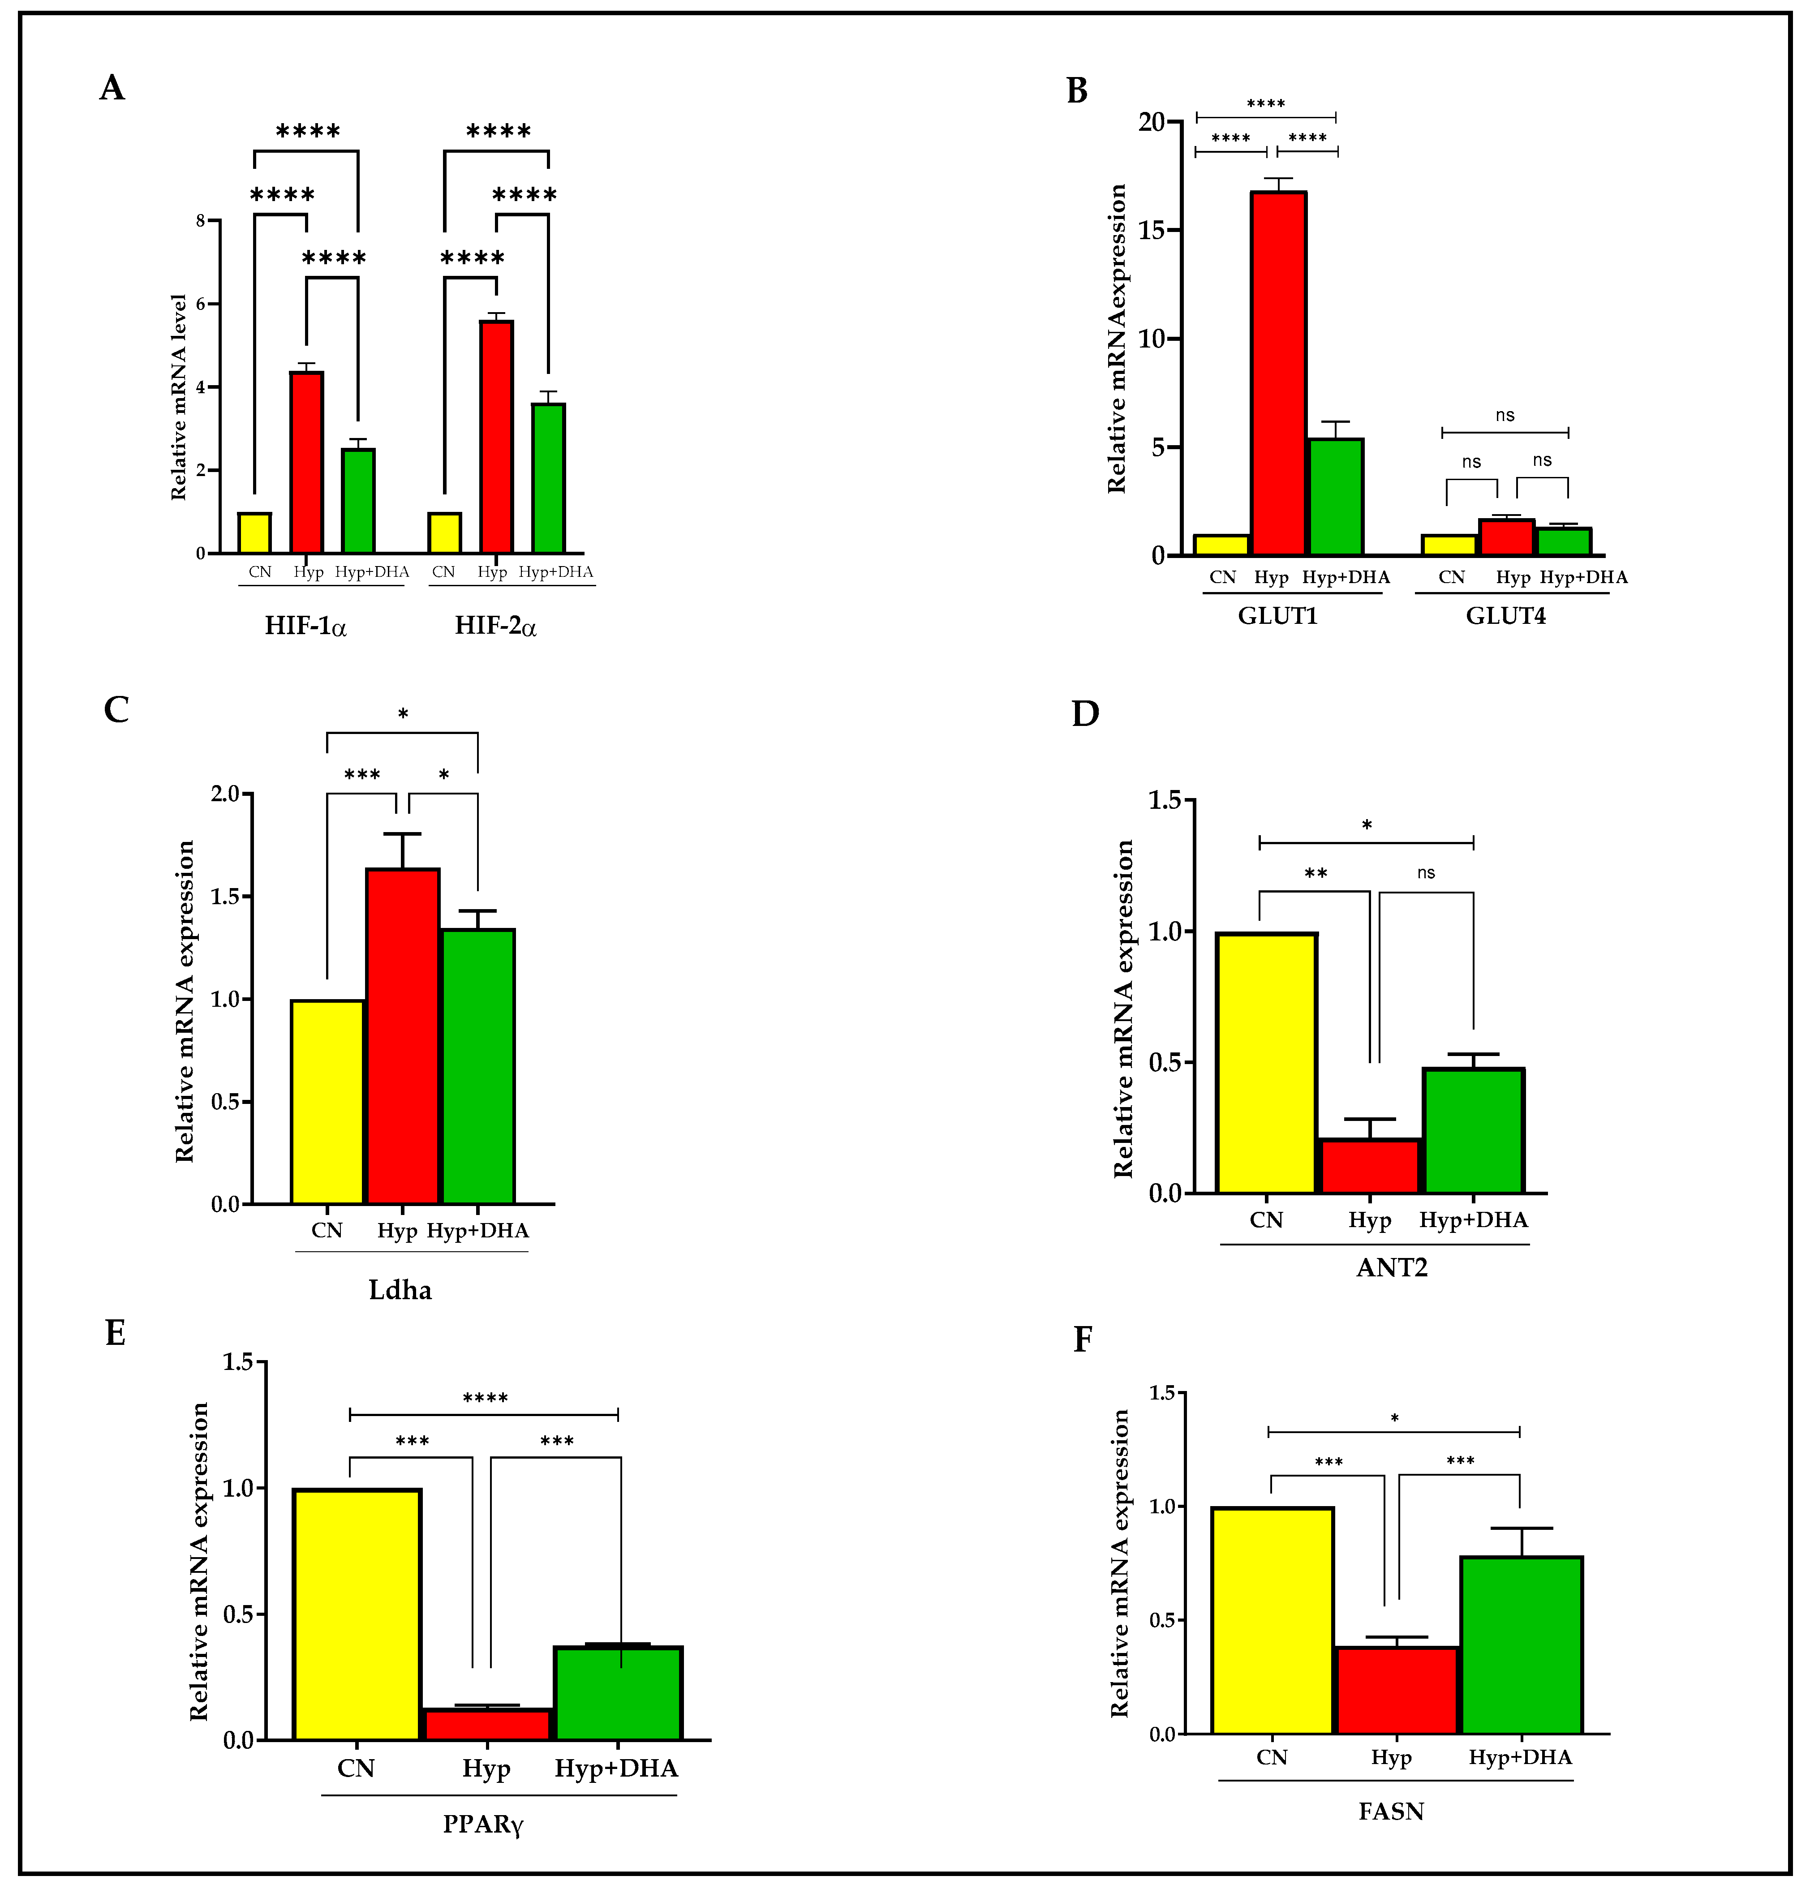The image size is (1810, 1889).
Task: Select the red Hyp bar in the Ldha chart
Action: tap(402, 1036)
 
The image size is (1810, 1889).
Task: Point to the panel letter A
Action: tap(112, 89)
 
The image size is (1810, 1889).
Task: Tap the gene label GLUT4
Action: tap(1505, 616)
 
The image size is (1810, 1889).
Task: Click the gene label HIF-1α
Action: tap(305, 627)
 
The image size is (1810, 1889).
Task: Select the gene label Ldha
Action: tap(400, 1289)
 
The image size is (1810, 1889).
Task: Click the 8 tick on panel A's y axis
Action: tap(201, 221)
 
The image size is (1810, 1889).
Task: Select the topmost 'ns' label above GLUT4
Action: tap(1505, 416)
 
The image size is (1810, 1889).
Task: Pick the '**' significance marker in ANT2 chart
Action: tap(1316, 873)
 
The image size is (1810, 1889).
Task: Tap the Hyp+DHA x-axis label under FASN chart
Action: tap(1520, 1757)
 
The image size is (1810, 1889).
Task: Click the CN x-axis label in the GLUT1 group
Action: tap(1222, 577)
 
